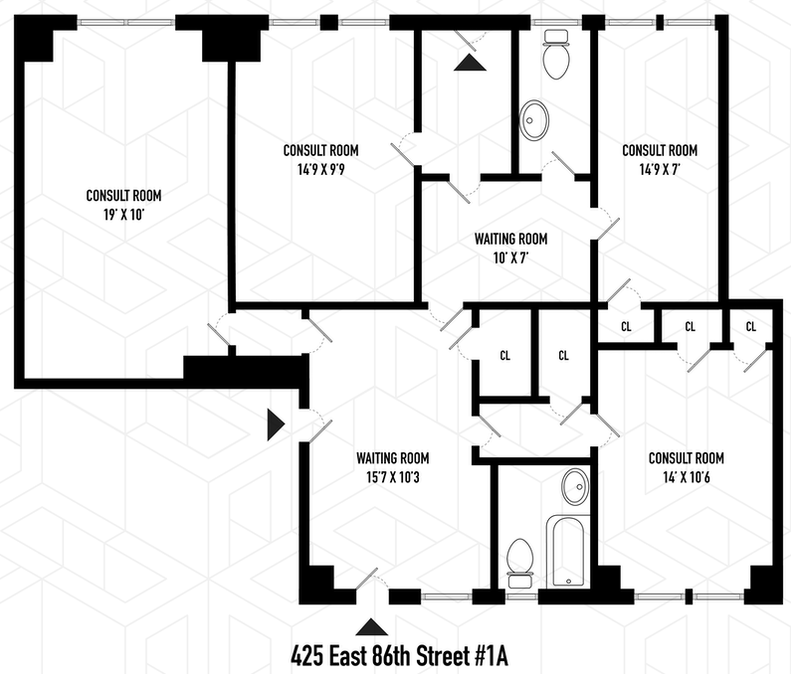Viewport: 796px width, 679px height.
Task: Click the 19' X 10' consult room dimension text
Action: [123, 215]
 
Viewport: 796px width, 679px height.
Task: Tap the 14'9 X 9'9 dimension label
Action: [320, 169]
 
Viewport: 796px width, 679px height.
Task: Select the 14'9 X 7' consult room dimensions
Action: [660, 169]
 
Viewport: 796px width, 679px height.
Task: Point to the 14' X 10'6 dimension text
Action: [686, 477]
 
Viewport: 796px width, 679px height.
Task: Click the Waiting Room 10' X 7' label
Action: [510, 248]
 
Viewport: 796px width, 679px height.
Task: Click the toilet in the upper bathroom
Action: [556, 55]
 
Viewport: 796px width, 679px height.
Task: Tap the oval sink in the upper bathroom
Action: [534, 119]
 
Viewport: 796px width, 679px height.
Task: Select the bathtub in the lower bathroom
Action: [568, 551]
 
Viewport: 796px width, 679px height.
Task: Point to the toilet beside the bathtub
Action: [520, 563]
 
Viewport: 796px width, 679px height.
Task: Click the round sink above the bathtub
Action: [575, 486]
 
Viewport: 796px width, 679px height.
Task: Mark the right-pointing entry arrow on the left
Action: [277, 424]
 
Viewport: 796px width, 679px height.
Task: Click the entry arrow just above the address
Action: [371, 626]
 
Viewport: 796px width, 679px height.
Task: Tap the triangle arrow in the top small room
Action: [470, 63]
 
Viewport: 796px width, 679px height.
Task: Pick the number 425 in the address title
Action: [307, 657]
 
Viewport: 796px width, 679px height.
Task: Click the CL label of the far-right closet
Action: [751, 326]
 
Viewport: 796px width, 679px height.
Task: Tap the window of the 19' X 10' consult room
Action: [126, 22]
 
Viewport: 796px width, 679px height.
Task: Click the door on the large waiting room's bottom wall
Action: [366, 580]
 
